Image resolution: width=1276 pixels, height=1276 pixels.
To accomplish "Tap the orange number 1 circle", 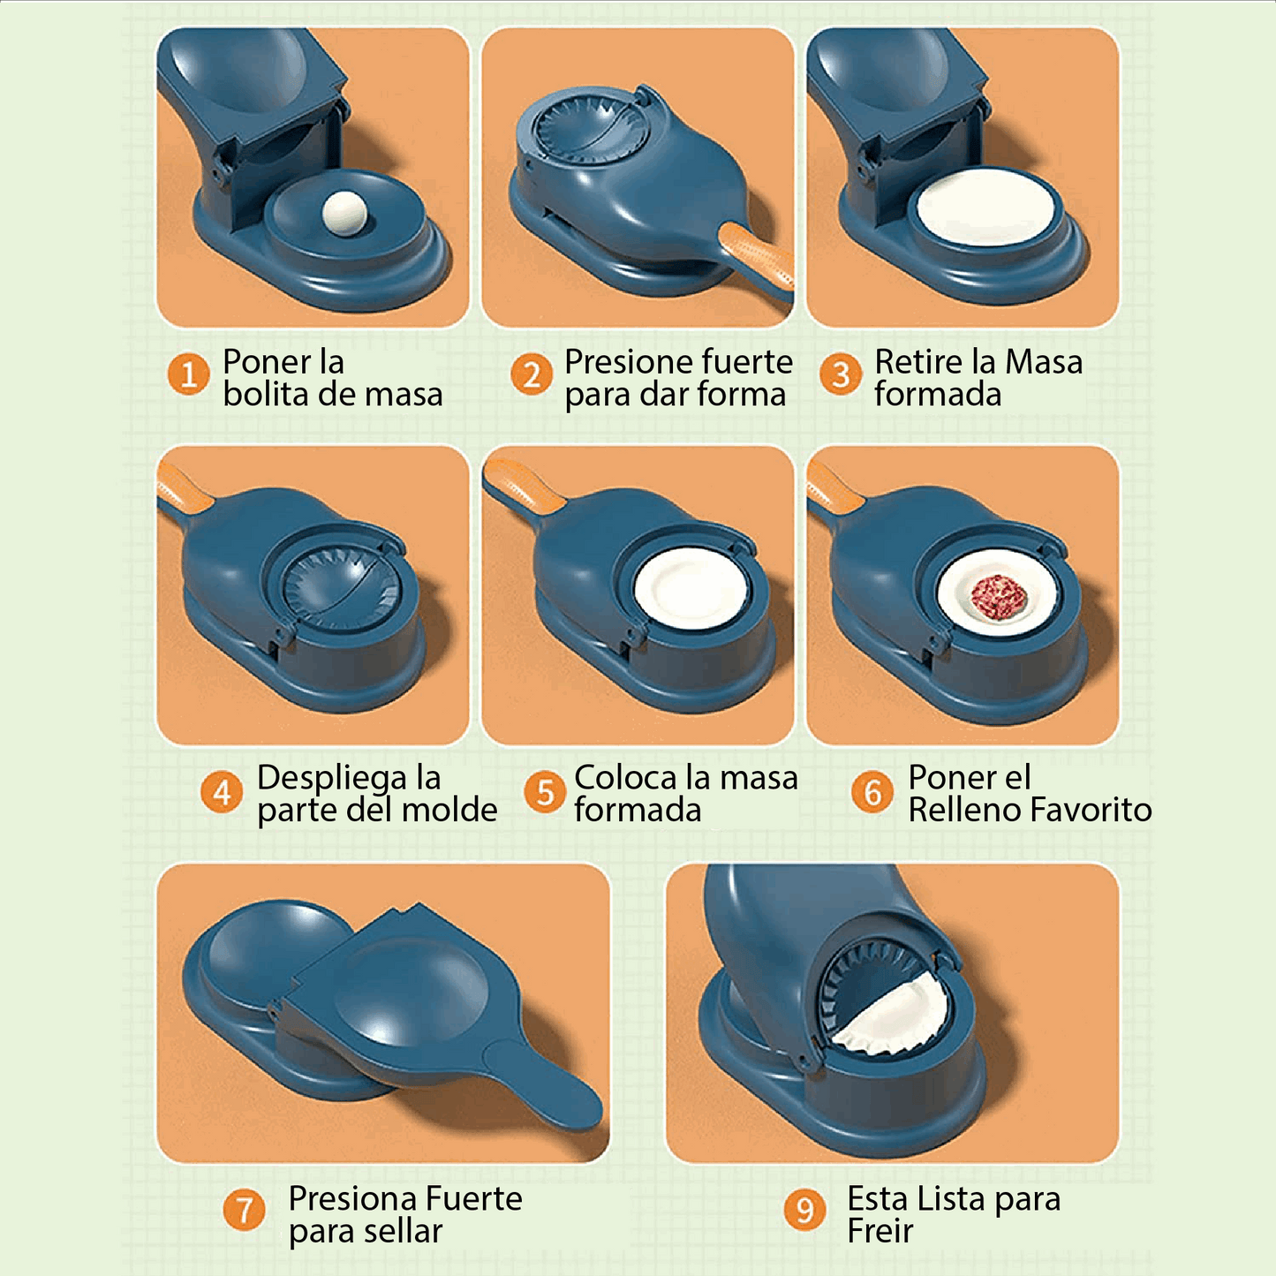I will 188,374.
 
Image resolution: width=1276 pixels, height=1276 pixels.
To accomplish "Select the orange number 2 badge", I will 531,374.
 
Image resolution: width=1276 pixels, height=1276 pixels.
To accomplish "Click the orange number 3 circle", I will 841,374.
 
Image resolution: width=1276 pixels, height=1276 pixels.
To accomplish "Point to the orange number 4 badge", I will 222,792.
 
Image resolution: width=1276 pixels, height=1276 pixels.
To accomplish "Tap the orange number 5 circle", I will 545,792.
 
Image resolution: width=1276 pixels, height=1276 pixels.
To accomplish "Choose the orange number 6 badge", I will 872,792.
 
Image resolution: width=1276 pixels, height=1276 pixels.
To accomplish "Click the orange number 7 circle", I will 244,1210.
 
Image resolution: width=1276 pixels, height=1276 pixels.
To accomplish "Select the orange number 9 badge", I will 804,1210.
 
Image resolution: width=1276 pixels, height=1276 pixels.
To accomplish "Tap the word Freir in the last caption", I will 880,1231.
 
